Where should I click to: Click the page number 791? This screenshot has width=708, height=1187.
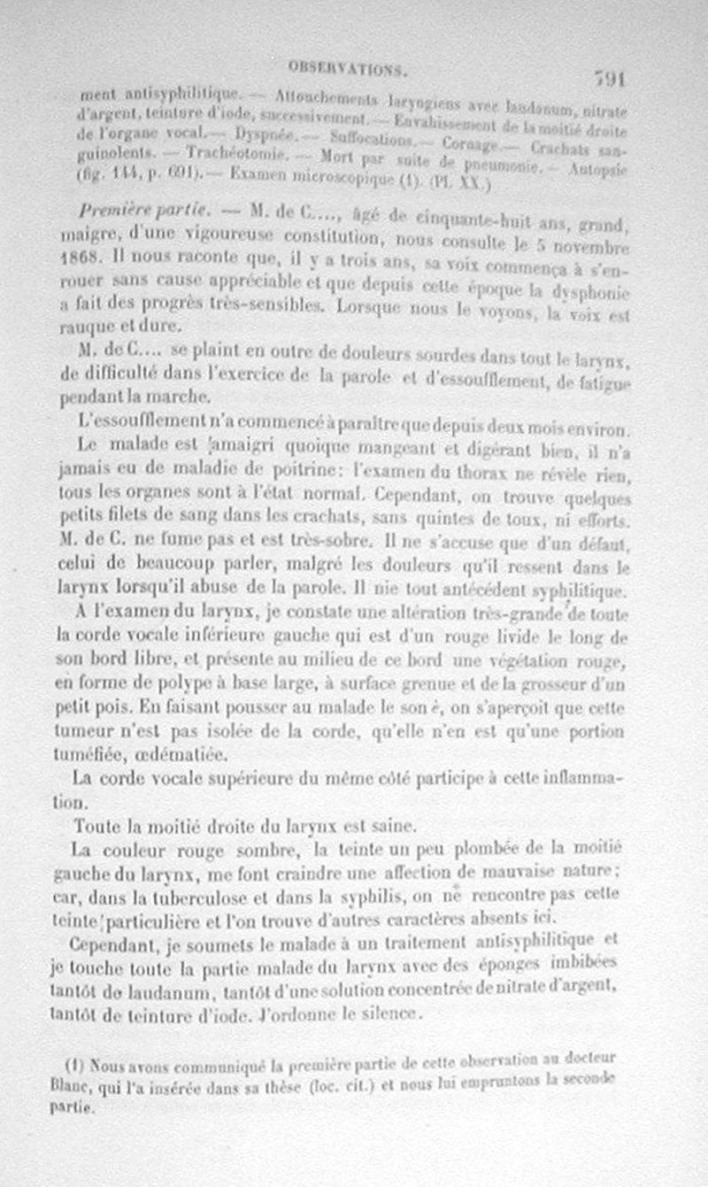(x=610, y=78)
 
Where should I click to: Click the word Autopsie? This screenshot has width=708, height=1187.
(x=599, y=166)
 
